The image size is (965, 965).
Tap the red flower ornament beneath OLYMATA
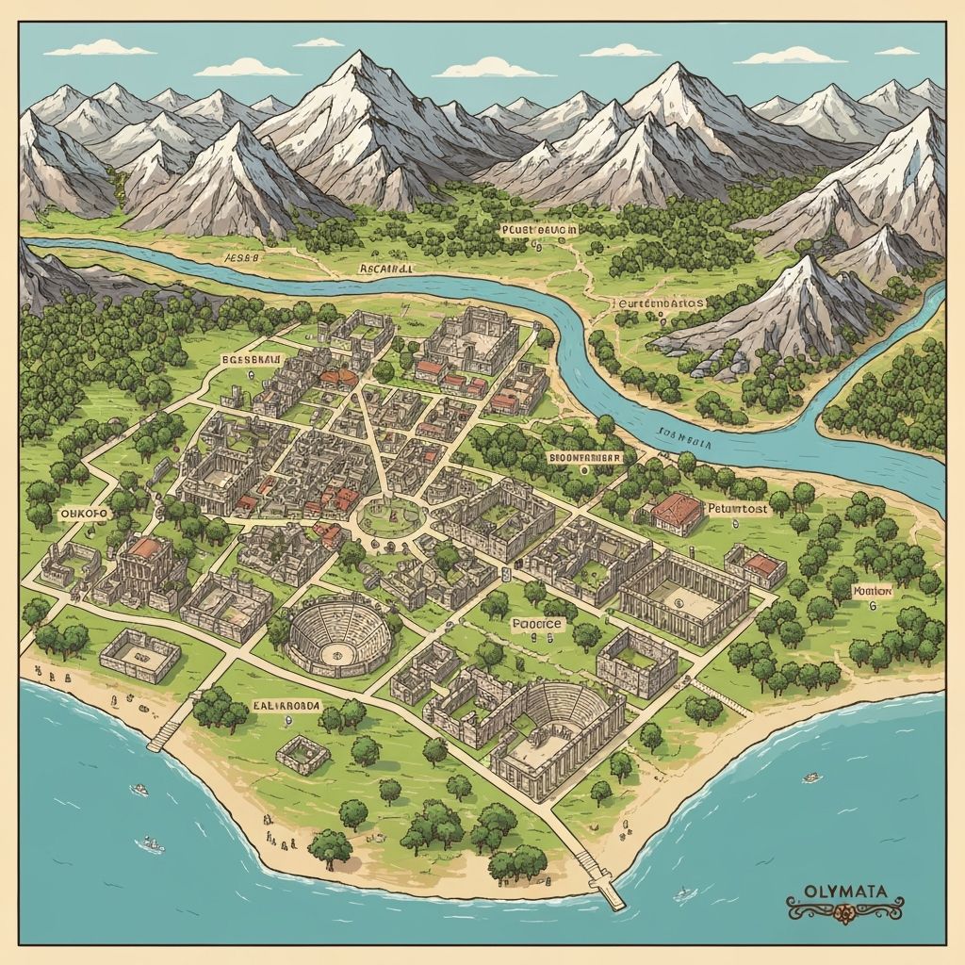tap(844, 910)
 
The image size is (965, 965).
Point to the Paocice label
tap(536, 623)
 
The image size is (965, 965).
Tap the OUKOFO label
tap(84, 513)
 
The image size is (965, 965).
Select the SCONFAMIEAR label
tap(584, 457)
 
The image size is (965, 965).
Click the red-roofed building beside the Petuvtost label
tap(677, 512)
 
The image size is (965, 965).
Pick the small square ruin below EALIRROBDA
tap(303, 754)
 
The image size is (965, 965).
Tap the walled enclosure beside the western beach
tap(139, 654)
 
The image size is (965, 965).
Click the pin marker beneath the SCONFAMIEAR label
tap(581, 472)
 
